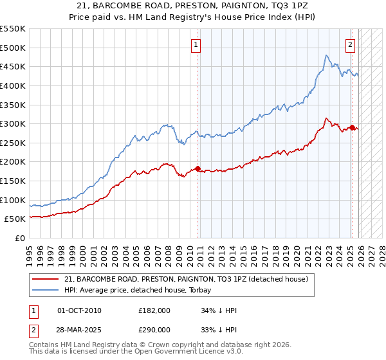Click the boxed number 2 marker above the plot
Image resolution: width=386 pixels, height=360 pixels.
[351, 45]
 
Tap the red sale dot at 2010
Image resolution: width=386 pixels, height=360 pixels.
[198, 169]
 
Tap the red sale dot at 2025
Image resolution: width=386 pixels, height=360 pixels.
[352, 127]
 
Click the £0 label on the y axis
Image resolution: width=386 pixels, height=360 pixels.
[20, 238]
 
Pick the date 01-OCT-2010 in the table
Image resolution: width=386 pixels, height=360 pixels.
[79, 310]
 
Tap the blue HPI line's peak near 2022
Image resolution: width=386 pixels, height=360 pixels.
[327, 56]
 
